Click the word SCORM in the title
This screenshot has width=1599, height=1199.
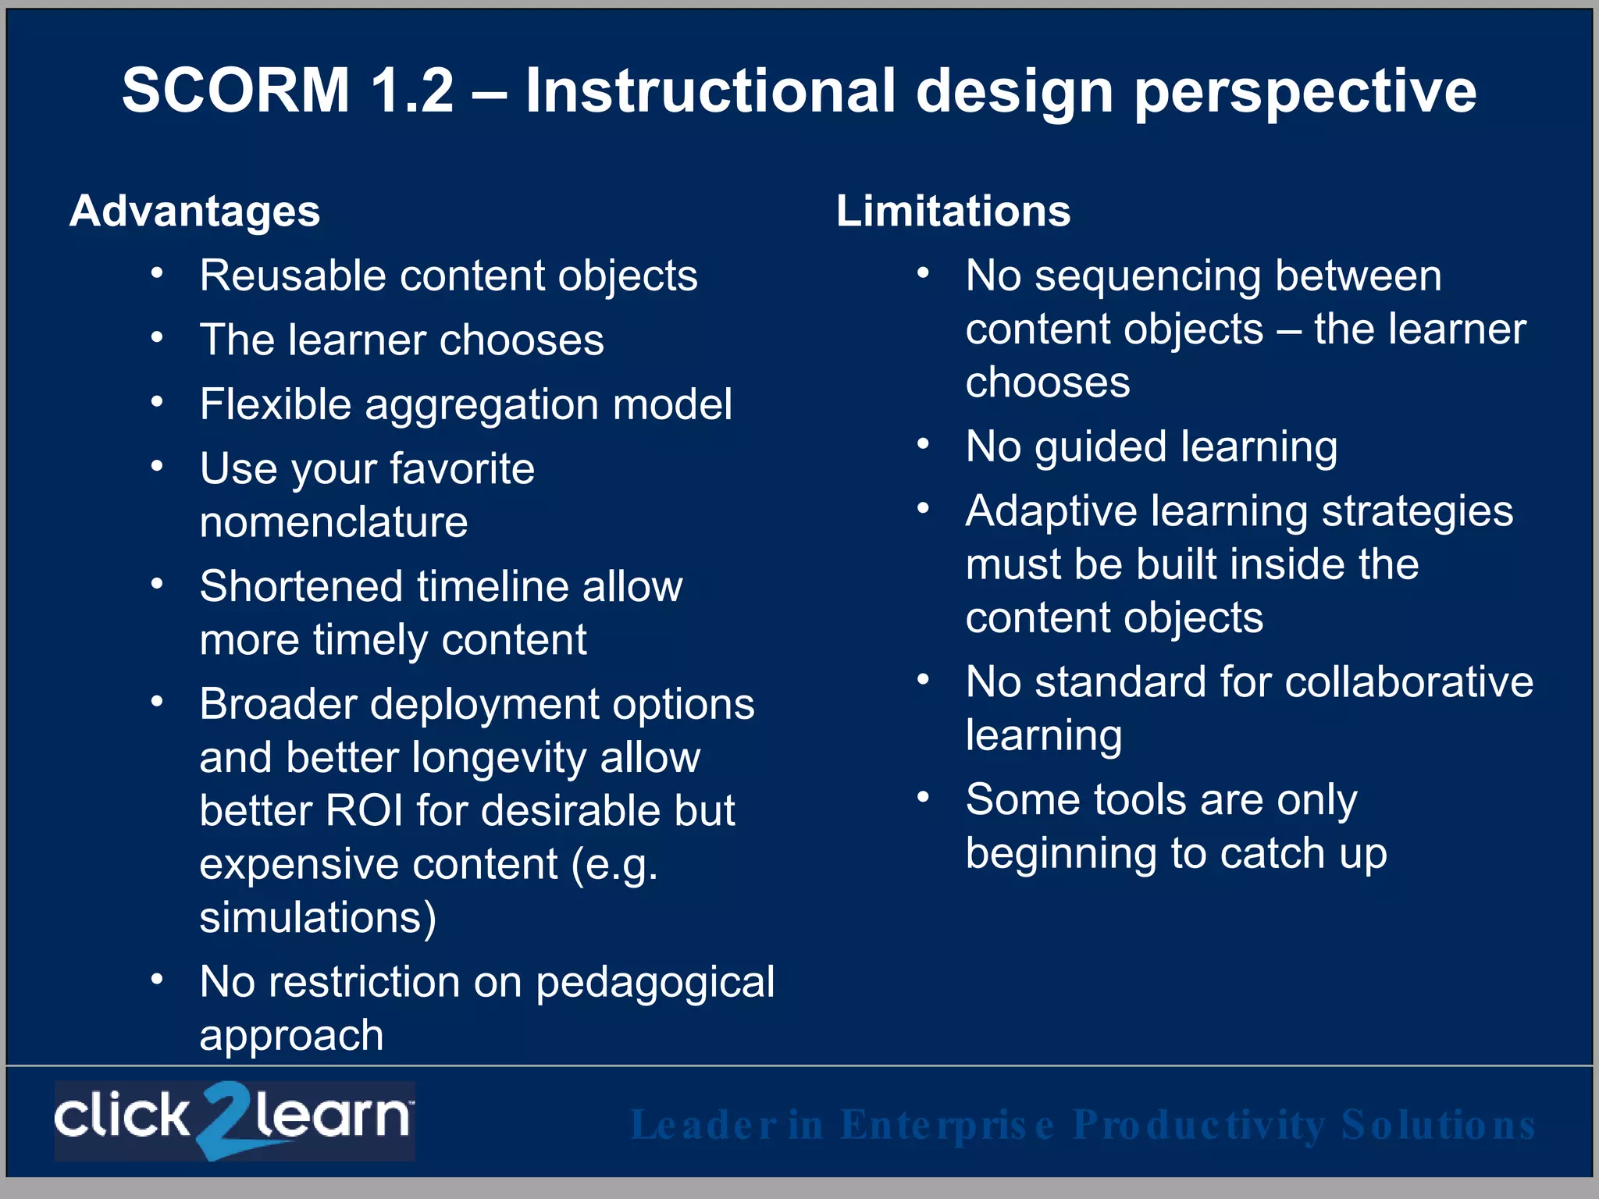pyautogui.click(x=236, y=91)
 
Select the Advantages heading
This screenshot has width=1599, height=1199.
pyautogui.click(x=194, y=211)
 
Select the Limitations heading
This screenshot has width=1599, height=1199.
pyautogui.click(x=953, y=211)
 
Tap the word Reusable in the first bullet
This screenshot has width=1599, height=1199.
pyautogui.click(x=292, y=276)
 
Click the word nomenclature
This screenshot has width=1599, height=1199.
pyautogui.click(x=333, y=521)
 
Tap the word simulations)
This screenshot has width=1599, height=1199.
pyautogui.click(x=317, y=917)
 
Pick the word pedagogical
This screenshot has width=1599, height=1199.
pyautogui.click(x=654, y=982)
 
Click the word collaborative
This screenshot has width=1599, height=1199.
pyautogui.click(x=1408, y=681)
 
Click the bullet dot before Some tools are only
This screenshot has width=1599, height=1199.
pyautogui.click(x=923, y=798)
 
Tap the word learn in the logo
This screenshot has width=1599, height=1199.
pyautogui.click(x=332, y=1116)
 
